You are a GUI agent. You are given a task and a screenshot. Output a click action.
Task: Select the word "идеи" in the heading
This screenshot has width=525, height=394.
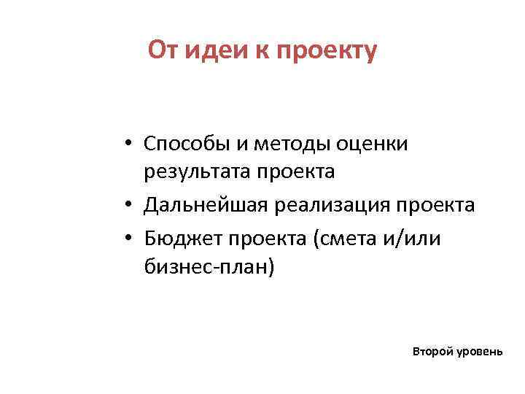pos(211,50)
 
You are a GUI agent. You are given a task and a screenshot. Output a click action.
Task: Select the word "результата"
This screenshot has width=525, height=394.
pos(200,172)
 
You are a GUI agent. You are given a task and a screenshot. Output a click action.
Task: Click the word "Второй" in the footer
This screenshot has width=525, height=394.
pos(432,351)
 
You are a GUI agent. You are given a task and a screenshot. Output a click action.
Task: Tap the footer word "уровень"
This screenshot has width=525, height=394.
pos(479,352)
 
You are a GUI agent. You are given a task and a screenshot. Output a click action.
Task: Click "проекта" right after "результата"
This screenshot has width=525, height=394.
pos(298,173)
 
